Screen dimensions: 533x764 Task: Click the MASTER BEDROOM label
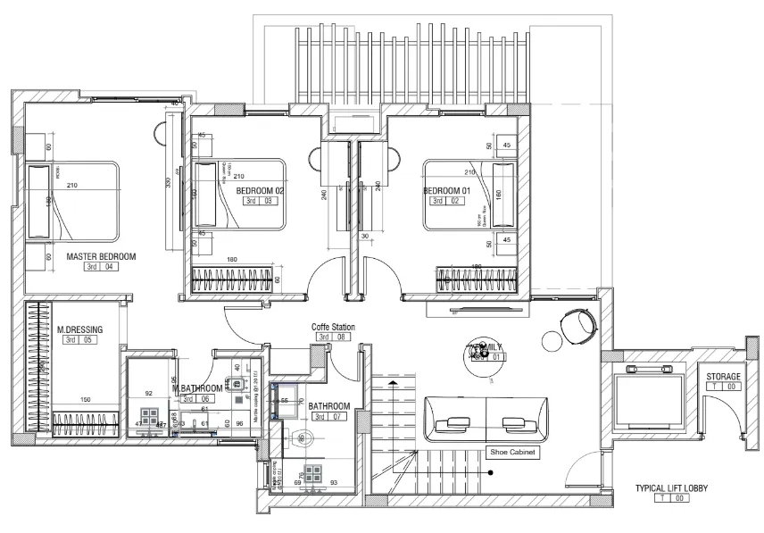click(101, 256)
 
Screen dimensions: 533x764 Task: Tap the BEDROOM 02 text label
click(260, 191)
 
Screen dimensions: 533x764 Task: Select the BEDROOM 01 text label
click(446, 191)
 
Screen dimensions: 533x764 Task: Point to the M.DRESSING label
click(79, 329)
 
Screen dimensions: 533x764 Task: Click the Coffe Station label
click(333, 328)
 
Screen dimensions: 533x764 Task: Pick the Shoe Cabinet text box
click(511, 452)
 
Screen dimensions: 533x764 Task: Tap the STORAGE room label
click(723, 377)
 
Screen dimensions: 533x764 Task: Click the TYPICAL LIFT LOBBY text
click(672, 488)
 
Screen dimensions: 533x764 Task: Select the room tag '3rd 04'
click(100, 267)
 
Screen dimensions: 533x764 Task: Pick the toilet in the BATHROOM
click(301, 438)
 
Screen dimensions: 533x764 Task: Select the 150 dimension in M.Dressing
click(86, 400)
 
